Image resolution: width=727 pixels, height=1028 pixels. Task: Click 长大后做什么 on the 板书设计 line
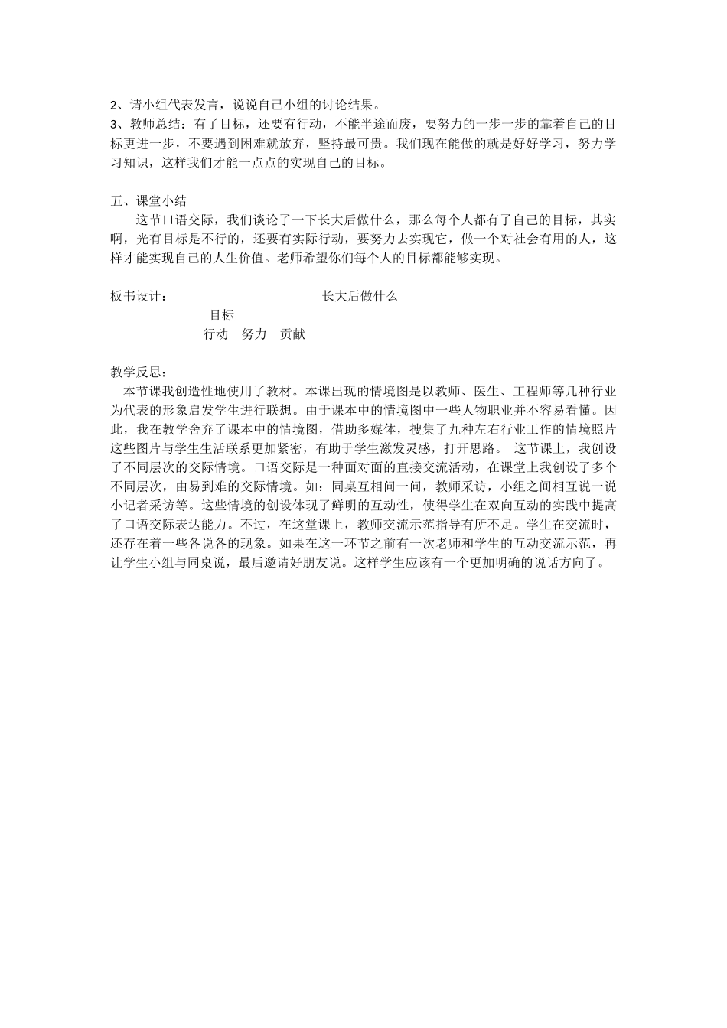pyautogui.click(x=360, y=296)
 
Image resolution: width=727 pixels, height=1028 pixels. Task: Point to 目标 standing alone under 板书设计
pyautogui.click(x=222, y=315)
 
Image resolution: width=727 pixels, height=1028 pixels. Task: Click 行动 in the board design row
pyautogui.click(x=216, y=334)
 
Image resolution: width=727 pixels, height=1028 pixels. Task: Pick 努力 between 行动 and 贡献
pyautogui.click(x=254, y=334)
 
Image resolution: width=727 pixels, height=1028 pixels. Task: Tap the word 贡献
pyautogui.click(x=292, y=334)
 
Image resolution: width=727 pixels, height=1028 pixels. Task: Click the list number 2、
pyautogui.click(x=116, y=106)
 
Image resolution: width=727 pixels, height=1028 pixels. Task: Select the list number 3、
pyautogui.click(x=116, y=125)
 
